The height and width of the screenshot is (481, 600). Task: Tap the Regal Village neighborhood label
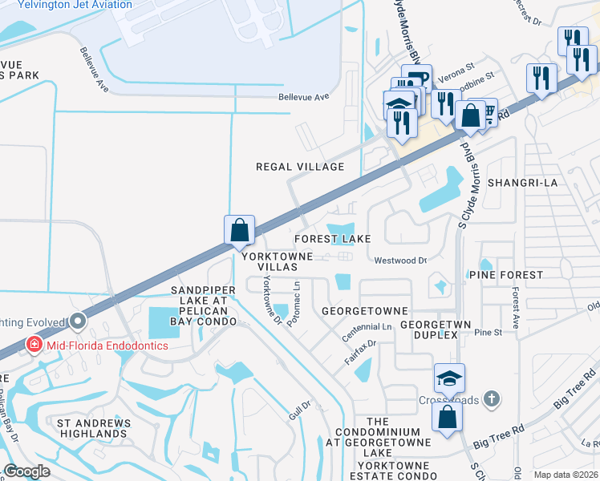(x=299, y=167)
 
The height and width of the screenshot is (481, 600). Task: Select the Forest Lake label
(x=332, y=239)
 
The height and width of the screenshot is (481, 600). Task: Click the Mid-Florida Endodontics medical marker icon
(x=34, y=346)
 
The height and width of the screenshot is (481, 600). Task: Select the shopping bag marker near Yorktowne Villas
(x=240, y=231)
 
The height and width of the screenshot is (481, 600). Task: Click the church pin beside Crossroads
(x=493, y=398)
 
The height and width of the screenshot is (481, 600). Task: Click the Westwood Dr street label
(x=400, y=261)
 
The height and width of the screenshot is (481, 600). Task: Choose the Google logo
(x=27, y=471)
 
